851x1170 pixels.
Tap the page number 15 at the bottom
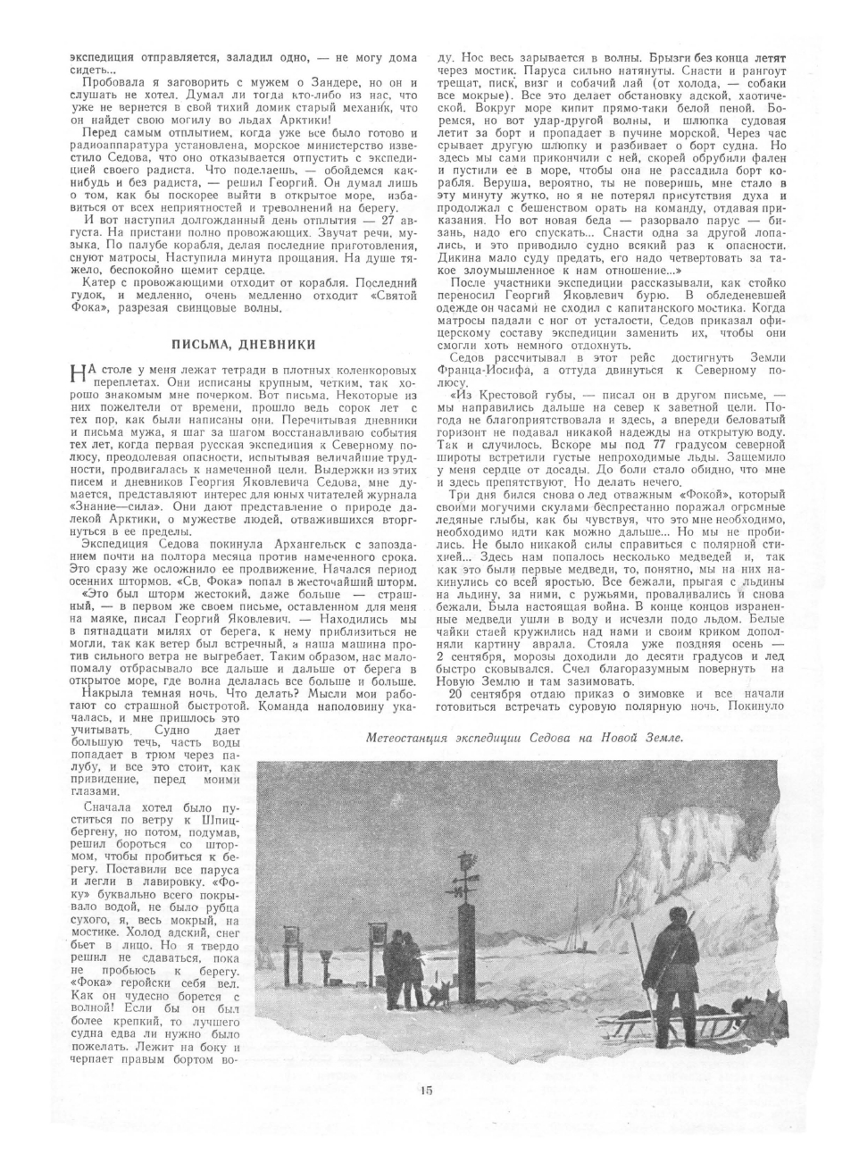click(425, 1115)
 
